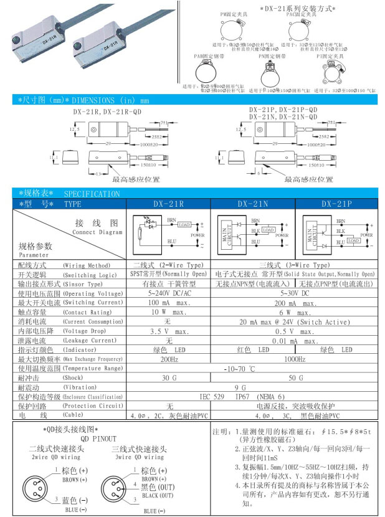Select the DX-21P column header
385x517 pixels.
click(x=336, y=204)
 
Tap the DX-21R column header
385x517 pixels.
click(x=168, y=204)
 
